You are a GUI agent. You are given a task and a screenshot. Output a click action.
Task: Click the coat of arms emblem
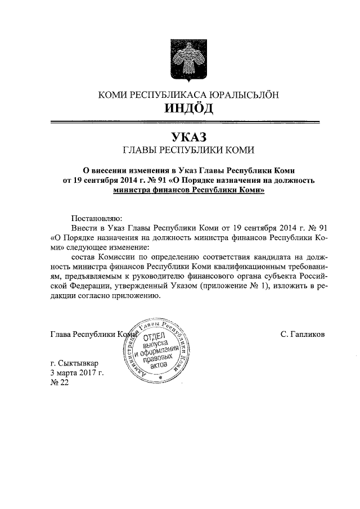point(181,61)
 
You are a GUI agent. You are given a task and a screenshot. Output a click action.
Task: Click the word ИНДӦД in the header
point(181,108)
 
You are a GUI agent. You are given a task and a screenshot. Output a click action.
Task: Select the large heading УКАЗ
point(181,137)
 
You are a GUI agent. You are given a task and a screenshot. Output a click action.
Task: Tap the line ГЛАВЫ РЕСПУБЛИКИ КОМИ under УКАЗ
point(181,150)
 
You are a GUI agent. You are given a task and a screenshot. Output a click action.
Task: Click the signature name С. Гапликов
point(302,334)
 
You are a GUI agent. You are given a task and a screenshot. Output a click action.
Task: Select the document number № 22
point(59,382)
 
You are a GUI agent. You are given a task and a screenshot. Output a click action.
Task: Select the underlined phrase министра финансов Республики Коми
point(188,191)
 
